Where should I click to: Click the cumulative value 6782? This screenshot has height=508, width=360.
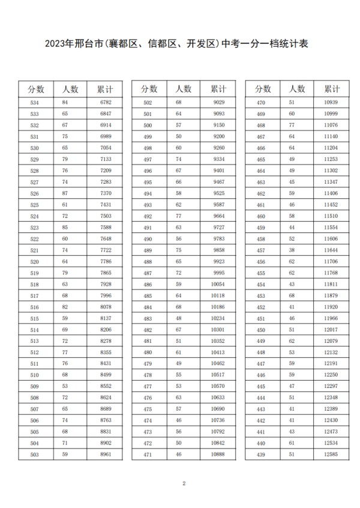point(106,103)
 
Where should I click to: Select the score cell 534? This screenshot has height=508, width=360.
point(34,103)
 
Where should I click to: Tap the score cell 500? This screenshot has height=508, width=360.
point(148,125)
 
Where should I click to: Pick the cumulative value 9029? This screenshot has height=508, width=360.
point(218,103)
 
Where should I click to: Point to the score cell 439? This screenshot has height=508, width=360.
point(260,455)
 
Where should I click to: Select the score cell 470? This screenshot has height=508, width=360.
point(260,103)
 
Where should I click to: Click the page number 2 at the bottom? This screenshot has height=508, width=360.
point(184,483)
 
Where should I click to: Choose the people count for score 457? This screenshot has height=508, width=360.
point(292,250)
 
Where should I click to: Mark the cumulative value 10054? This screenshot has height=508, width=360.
point(218,284)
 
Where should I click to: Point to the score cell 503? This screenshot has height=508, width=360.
point(34,455)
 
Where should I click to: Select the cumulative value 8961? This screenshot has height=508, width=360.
point(106,455)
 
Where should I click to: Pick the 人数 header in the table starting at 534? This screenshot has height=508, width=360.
point(70,89)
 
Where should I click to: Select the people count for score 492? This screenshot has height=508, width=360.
point(178,216)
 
